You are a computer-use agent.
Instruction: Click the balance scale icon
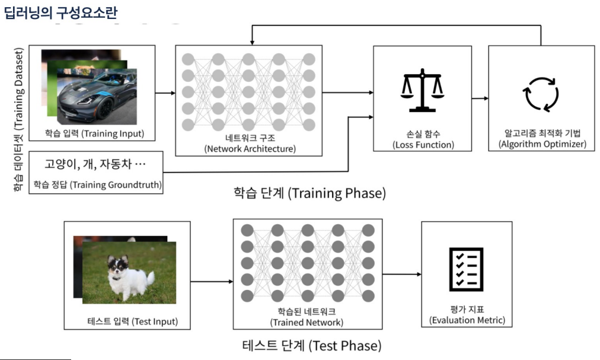[422, 90]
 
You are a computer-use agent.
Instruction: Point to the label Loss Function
[423, 144]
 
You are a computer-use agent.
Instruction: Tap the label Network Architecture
[249, 148]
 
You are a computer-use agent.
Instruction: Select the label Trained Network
[307, 322]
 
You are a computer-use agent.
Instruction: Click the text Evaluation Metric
[467, 320]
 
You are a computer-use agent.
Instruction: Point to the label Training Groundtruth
[97, 185]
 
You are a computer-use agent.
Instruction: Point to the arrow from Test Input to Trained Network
[211, 281]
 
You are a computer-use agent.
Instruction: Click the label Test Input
[132, 323]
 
